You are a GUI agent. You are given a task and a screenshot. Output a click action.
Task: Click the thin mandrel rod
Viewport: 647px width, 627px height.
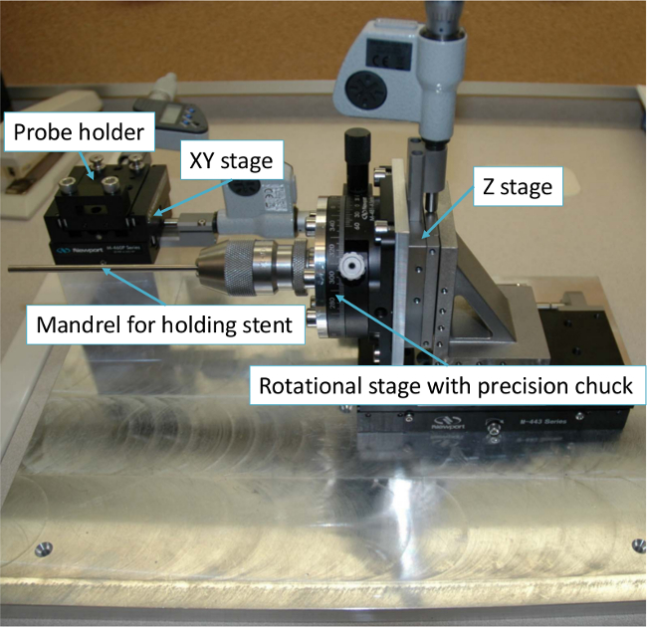click(100, 269)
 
